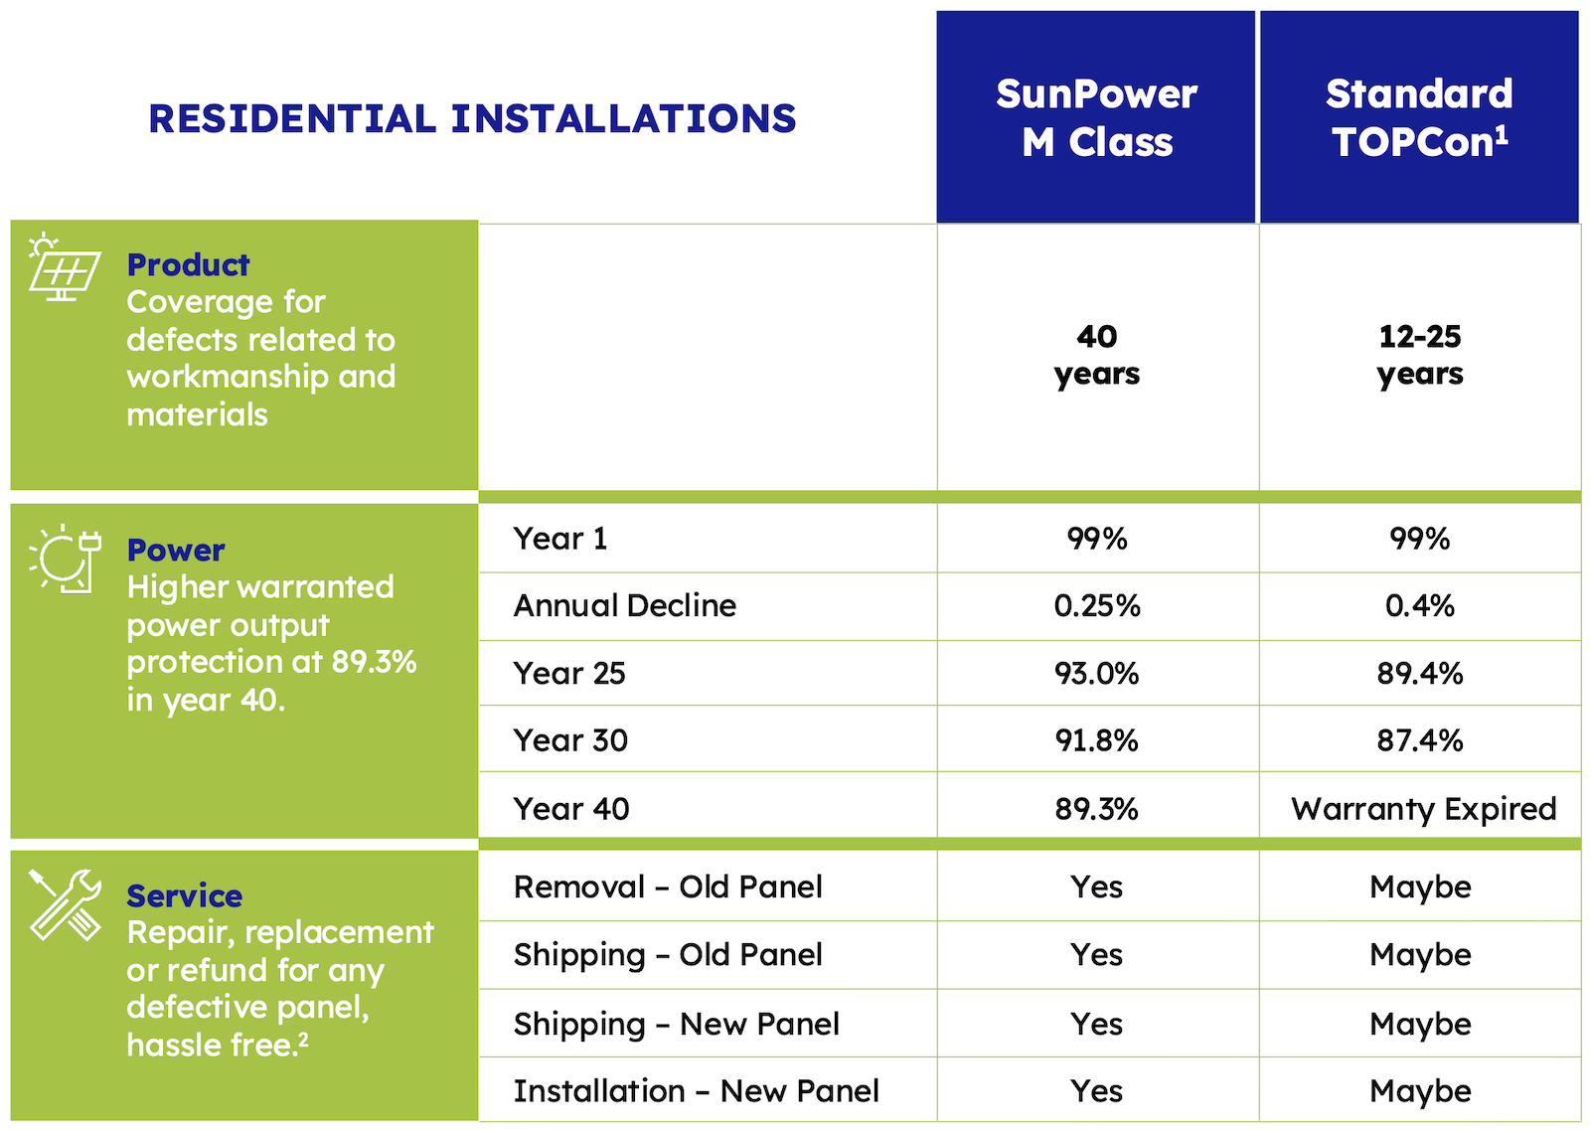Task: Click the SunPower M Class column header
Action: (x=1096, y=117)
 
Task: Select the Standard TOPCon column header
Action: (x=1420, y=117)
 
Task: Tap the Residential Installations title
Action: (x=472, y=118)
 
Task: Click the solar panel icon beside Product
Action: (x=65, y=267)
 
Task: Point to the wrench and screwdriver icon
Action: (x=65, y=905)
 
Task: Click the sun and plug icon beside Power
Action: (x=65, y=559)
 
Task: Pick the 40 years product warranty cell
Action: (x=1097, y=356)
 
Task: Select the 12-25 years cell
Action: (x=1420, y=356)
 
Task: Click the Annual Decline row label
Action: (x=625, y=606)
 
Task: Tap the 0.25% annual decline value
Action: (x=1097, y=606)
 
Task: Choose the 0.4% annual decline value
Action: (x=1420, y=606)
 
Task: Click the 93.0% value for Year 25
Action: (x=1097, y=674)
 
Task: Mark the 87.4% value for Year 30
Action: (x=1420, y=741)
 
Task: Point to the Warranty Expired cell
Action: (x=1423, y=809)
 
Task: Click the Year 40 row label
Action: (x=571, y=809)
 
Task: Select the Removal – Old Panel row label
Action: (x=668, y=888)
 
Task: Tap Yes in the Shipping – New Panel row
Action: (x=1097, y=1025)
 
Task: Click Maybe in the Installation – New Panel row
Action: (x=1420, y=1092)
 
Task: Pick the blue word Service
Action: (x=185, y=896)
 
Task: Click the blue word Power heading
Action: (x=176, y=551)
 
